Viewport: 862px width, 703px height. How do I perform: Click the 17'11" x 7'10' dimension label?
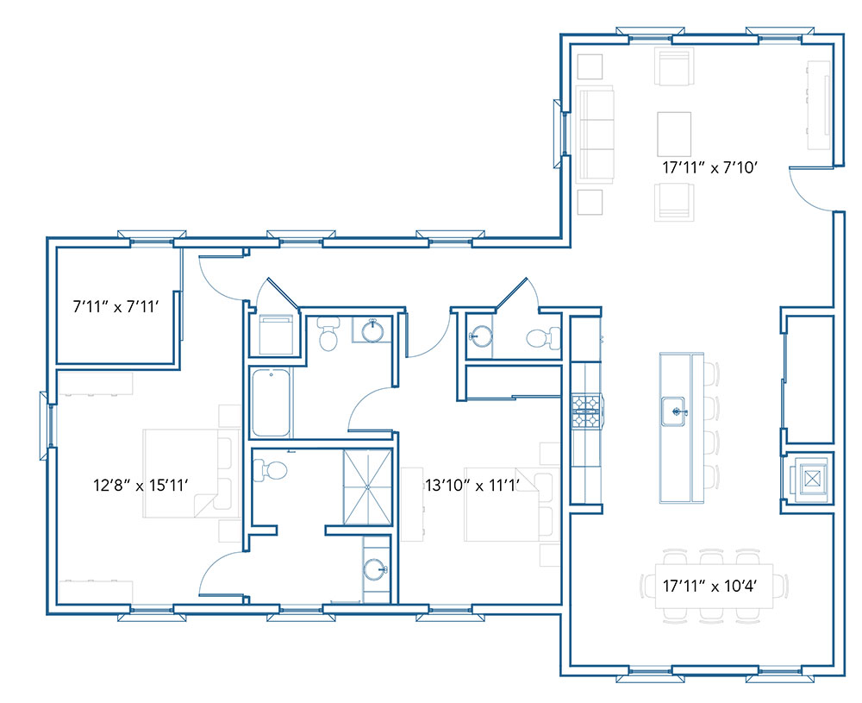(709, 167)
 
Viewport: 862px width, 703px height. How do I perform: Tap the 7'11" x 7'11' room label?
(116, 306)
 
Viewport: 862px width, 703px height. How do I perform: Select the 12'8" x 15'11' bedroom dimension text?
(141, 485)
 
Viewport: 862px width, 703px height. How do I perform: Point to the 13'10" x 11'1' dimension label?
(472, 485)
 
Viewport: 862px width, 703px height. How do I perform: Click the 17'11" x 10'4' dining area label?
(709, 586)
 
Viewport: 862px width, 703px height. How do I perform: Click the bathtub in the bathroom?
(271, 403)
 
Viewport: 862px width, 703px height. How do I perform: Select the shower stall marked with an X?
(367, 486)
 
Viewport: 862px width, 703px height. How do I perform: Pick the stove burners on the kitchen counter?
(586, 411)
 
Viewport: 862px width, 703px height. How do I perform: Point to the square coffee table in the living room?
(674, 135)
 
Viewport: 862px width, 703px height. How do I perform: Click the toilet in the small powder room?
(544, 338)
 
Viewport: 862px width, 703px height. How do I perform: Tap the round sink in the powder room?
(480, 336)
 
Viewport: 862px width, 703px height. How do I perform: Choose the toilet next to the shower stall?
(270, 471)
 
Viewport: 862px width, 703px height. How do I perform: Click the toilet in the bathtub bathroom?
(328, 334)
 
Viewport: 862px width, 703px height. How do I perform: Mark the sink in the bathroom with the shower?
(375, 570)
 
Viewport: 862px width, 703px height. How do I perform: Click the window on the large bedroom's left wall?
(46, 426)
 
